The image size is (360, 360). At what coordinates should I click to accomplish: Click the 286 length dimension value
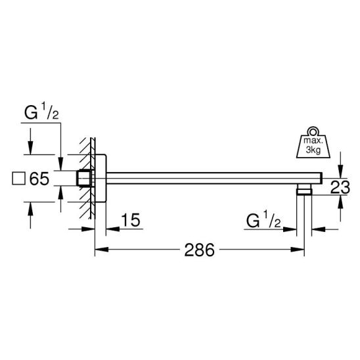coord(200,250)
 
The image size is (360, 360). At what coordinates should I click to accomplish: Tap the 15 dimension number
coord(131,220)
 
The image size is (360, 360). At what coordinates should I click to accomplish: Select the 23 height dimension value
coord(340,187)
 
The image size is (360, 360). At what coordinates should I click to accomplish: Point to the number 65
coord(39,179)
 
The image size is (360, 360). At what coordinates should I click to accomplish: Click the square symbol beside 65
coord(18,179)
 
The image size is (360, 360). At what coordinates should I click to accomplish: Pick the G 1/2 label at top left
coord(41,112)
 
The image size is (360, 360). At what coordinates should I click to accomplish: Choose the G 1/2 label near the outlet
coord(263,220)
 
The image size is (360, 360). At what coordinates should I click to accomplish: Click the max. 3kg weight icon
coord(313,143)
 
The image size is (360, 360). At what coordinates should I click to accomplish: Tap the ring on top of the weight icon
coord(313,131)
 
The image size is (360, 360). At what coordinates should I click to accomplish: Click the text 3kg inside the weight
coord(313,150)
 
